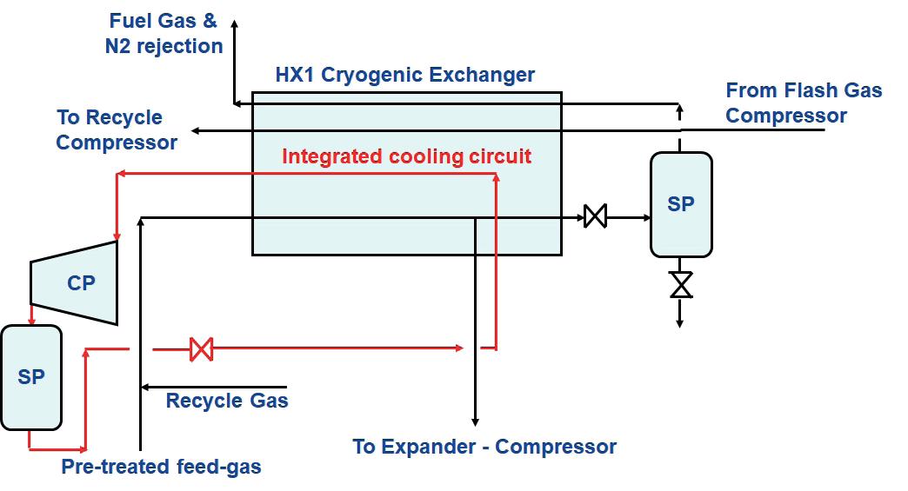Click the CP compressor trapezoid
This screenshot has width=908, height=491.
point(74,282)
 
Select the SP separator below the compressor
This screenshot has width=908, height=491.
point(31,377)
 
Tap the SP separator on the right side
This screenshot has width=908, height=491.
point(681,204)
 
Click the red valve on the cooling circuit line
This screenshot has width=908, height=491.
point(202,349)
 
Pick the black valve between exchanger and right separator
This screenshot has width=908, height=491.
point(595,216)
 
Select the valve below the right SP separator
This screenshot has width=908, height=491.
point(681,284)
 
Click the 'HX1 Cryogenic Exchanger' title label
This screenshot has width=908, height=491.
point(404,75)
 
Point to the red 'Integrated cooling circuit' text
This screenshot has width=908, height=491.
point(406,156)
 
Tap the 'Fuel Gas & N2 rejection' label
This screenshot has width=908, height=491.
point(164,33)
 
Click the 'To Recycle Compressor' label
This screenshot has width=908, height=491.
point(117,129)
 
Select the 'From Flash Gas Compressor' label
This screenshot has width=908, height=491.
point(804,103)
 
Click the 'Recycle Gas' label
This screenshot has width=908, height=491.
point(227,401)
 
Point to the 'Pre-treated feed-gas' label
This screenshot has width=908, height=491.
point(161,467)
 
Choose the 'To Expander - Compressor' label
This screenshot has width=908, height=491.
point(484,447)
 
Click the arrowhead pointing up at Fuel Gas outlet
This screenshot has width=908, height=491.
point(235,23)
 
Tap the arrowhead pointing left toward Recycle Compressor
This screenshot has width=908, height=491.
point(196,130)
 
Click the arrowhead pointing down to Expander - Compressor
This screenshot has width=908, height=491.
point(476,422)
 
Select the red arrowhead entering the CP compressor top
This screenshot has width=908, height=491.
point(117,236)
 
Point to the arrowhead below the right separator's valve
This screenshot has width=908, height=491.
point(680,323)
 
